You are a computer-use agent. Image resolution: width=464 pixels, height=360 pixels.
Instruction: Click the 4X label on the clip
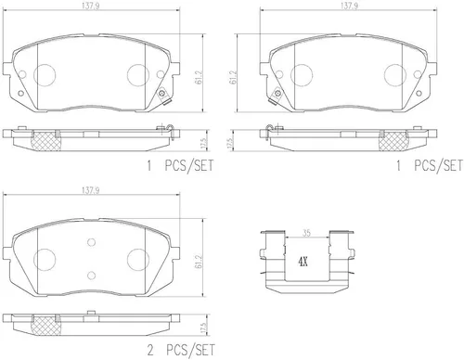point(303,263)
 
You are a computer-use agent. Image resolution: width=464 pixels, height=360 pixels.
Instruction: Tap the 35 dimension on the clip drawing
point(306,233)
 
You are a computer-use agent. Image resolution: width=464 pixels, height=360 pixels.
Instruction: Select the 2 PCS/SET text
point(181,350)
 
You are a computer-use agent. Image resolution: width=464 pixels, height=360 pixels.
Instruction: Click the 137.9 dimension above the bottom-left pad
point(90,191)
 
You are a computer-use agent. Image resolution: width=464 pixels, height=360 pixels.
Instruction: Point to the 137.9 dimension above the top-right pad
point(349,6)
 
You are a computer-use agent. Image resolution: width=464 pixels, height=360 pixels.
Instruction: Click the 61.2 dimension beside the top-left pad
point(200,77)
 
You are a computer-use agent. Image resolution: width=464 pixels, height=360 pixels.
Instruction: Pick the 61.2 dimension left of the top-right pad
point(233,77)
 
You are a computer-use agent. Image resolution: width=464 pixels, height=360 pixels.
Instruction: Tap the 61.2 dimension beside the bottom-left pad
point(200,262)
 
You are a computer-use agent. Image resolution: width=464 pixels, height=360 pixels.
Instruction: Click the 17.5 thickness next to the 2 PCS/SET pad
point(203,328)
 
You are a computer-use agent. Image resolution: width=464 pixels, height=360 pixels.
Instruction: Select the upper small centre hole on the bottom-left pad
point(91,242)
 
